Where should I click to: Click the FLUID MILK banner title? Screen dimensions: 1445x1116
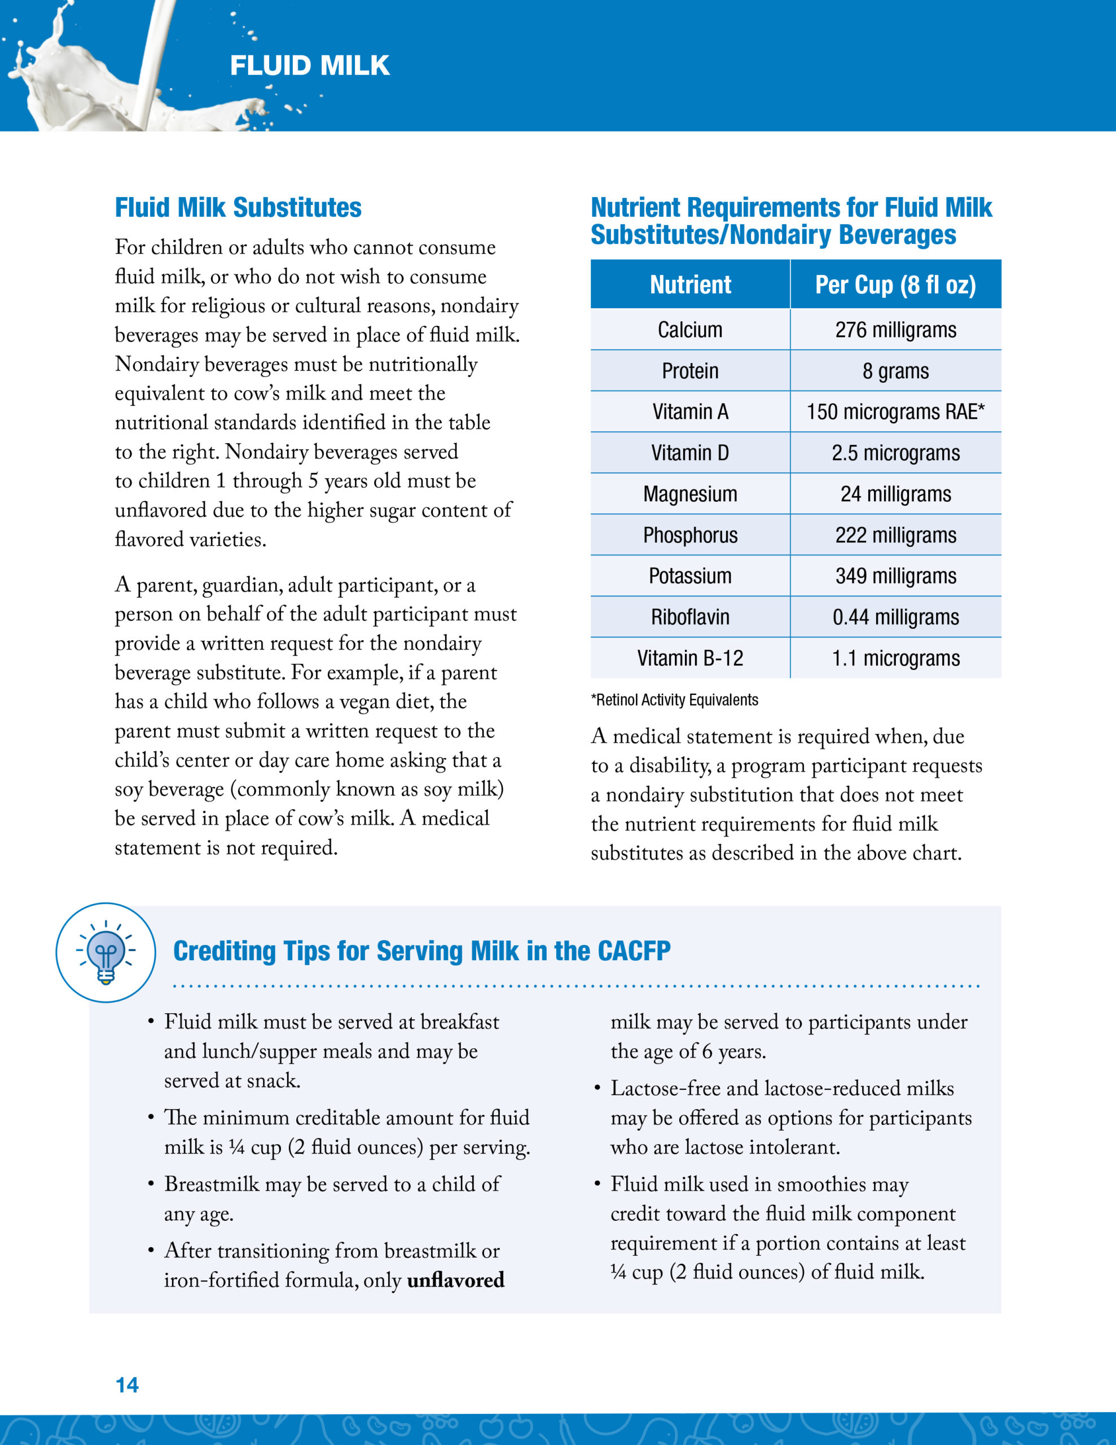coord(310,65)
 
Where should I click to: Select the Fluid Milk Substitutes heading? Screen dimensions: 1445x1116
coord(238,208)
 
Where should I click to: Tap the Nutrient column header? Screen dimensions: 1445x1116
coord(690,284)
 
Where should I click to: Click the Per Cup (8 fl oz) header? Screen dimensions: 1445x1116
coord(895,284)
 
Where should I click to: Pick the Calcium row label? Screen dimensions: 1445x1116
coord(690,330)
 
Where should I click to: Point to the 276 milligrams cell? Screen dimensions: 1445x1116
coord(895,330)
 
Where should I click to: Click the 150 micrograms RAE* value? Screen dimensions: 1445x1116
coord(895,412)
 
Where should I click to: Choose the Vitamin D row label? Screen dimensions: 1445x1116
coord(690,453)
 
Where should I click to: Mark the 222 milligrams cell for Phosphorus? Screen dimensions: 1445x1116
coord(895,535)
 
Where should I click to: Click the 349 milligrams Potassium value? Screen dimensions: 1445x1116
coord(895,576)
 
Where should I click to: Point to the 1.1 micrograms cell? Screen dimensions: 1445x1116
coord(895,658)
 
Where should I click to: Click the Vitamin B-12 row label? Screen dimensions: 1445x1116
coord(690,658)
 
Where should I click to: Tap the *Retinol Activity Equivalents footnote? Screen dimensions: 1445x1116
coord(674,700)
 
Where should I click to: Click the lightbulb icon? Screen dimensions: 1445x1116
coord(106,952)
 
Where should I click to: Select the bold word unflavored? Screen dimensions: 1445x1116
coord(455,1280)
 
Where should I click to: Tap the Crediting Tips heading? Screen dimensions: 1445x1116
coord(421,951)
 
